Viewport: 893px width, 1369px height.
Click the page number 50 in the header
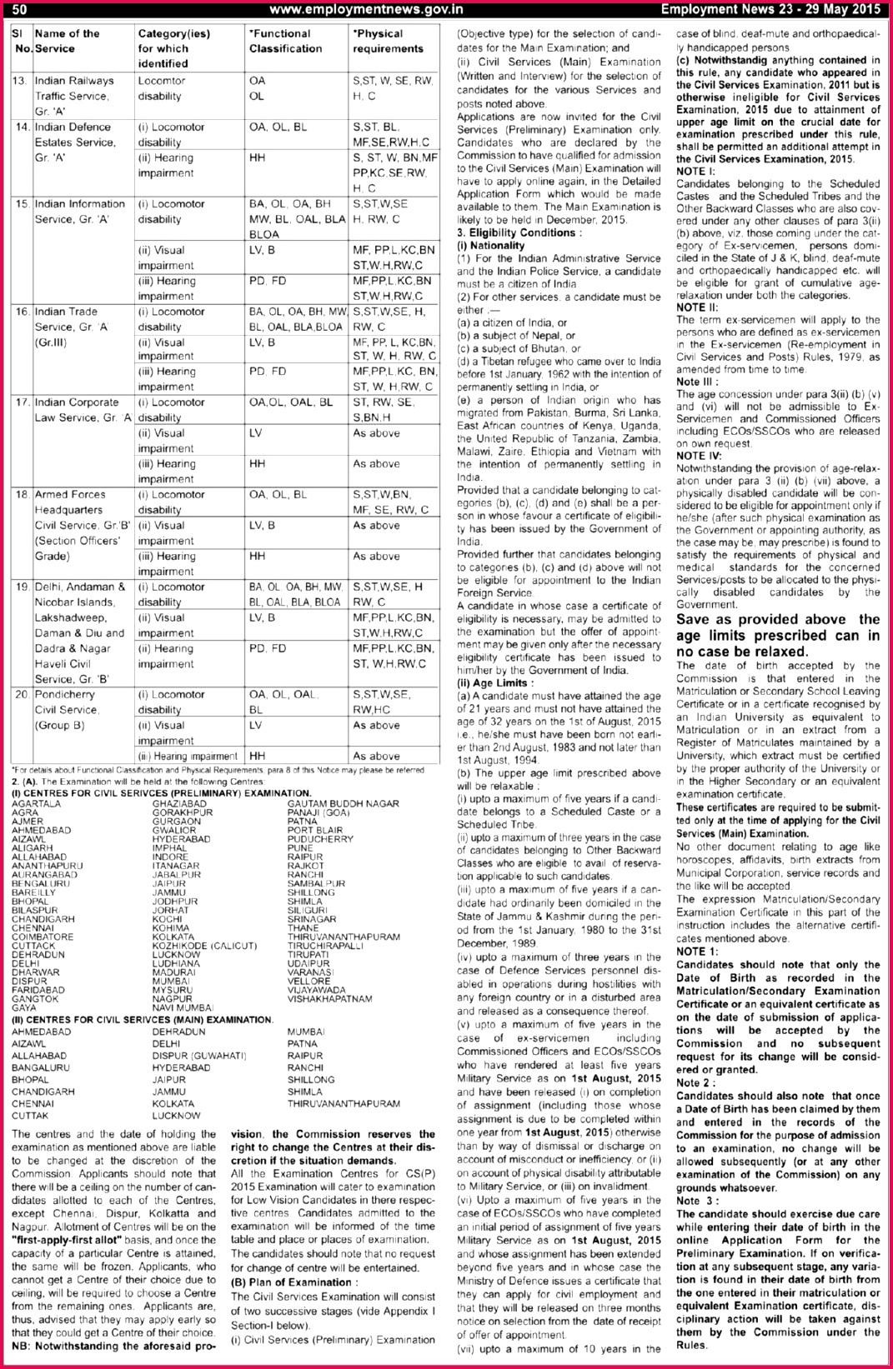tap(19, 9)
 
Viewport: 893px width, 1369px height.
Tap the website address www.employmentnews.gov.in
tap(366, 9)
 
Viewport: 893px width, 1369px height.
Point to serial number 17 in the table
tap(22, 402)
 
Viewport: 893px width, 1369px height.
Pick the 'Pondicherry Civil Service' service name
tap(68, 702)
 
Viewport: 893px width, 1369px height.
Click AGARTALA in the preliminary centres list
tap(36, 803)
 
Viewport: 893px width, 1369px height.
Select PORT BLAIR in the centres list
tap(315, 830)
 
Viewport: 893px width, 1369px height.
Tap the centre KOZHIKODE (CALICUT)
tap(204, 946)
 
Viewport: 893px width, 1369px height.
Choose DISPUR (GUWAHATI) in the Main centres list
tap(198, 1056)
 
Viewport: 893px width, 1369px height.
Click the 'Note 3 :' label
tap(697, 1201)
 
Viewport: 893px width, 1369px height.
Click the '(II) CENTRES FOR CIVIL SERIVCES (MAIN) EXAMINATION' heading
tap(143, 1019)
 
